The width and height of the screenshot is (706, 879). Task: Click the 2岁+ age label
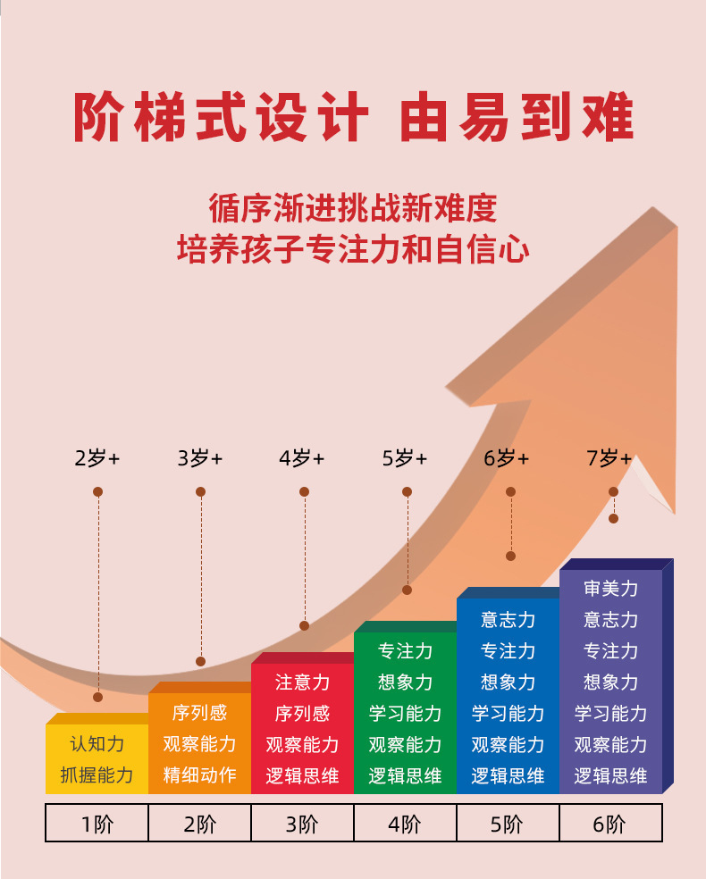[x=97, y=459]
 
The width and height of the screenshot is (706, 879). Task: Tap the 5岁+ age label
[x=405, y=459]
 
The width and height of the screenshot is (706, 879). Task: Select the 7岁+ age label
[x=609, y=459]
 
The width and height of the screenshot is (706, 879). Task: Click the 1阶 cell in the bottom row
[x=97, y=824]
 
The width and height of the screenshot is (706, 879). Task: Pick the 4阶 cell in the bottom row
[x=405, y=824]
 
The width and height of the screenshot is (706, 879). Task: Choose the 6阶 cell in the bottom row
[x=610, y=824]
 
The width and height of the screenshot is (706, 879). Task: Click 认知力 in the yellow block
[x=97, y=744]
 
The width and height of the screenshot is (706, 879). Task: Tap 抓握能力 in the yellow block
[x=97, y=775]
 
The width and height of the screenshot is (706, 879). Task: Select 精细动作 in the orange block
[x=199, y=775]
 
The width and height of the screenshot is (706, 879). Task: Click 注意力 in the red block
[x=302, y=682]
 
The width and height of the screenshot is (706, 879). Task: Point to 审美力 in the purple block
[x=611, y=589]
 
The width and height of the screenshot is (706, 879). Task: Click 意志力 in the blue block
[x=508, y=620]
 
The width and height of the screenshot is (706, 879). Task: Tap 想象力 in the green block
[x=405, y=682]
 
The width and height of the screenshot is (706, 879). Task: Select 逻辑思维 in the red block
[x=302, y=775]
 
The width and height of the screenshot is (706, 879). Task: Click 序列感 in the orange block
[x=199, y=713]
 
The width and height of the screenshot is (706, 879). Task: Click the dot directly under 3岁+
[x=201, y=492]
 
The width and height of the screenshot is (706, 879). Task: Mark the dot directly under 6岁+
[x=511, y=492]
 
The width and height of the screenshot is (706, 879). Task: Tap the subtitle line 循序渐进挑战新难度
[x=353, y=208]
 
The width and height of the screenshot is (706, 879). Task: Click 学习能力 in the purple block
[x=611, y=713]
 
